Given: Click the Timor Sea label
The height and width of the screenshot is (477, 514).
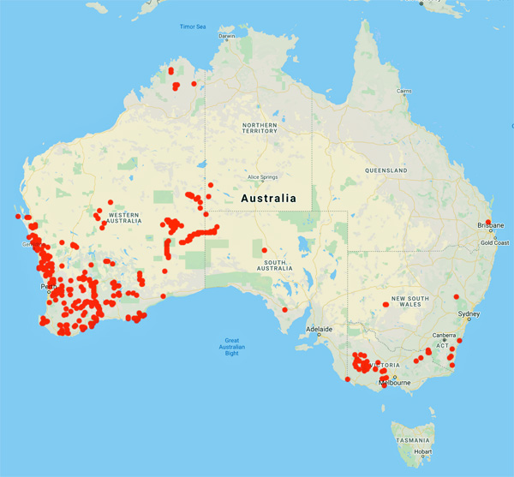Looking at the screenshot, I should pos(193,27).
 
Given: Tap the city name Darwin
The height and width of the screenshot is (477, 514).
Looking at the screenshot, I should pos(227,36).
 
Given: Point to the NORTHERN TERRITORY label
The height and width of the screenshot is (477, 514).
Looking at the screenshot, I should pos(260,128).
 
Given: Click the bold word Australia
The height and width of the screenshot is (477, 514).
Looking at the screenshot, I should pos(269,198).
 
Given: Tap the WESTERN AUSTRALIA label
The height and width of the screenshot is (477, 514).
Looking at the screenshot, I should pos(121,218).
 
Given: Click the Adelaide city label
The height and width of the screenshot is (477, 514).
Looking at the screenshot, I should pos(320,329).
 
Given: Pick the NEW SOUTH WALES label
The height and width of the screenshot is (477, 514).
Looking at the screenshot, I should pos(409,301).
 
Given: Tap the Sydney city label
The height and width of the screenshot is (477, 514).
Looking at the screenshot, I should pos(469,314).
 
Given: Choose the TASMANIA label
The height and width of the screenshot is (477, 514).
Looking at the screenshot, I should pos(413,438).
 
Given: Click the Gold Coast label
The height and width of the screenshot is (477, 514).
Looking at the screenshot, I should pos(494,242).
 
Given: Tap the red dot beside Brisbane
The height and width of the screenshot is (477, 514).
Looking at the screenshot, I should pos(488,224).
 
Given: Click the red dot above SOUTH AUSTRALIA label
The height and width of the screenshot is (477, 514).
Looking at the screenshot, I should pos(264,250).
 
